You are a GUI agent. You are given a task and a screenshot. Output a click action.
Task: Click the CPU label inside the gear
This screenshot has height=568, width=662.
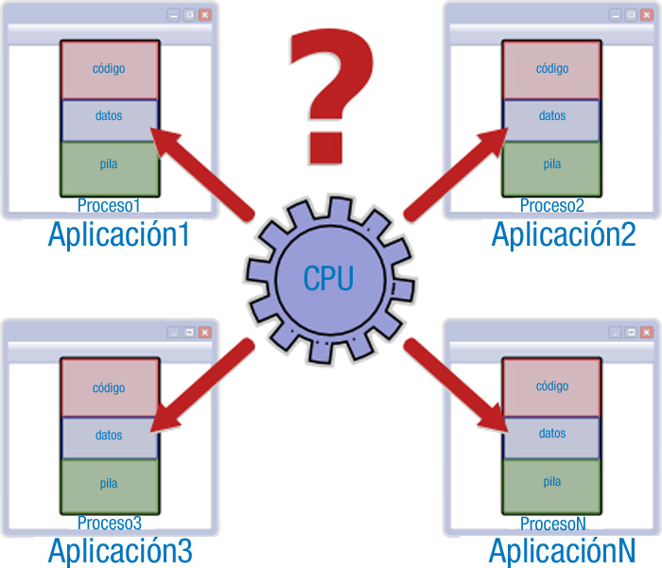tap(328, 278)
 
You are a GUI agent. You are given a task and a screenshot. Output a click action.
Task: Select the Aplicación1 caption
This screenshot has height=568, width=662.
tap(119, 232)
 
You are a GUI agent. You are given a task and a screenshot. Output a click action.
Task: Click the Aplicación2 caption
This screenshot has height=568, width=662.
tap(563, 232)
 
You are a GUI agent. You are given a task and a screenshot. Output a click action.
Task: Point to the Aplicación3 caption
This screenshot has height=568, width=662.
tap(120, 549)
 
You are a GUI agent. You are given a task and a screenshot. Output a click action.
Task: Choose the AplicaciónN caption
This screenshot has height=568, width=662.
tap(562, 549)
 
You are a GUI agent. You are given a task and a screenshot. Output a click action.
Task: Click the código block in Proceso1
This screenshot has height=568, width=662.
tap(109, 69)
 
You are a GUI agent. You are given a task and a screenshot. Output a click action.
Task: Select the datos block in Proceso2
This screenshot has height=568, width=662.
tap(551, 116)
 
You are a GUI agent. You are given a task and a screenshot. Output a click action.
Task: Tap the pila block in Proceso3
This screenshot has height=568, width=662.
tap(109, 484)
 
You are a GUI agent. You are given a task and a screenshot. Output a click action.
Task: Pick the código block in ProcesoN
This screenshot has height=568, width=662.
tap(551, 387)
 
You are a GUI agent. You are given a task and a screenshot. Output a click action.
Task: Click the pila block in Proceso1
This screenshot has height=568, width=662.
tap(109, 164)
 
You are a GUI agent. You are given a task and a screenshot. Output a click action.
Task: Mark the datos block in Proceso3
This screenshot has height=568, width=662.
tap(109, 436)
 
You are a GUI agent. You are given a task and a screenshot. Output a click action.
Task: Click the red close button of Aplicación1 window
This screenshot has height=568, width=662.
tap(204, 15)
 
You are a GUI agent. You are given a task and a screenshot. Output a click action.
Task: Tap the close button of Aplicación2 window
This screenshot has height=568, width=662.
tap(647, 15)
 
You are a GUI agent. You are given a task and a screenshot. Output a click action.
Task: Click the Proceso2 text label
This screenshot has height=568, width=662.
tap(551, 205)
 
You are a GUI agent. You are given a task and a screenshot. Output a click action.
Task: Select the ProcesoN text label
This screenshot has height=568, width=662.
tap(552, 523)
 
